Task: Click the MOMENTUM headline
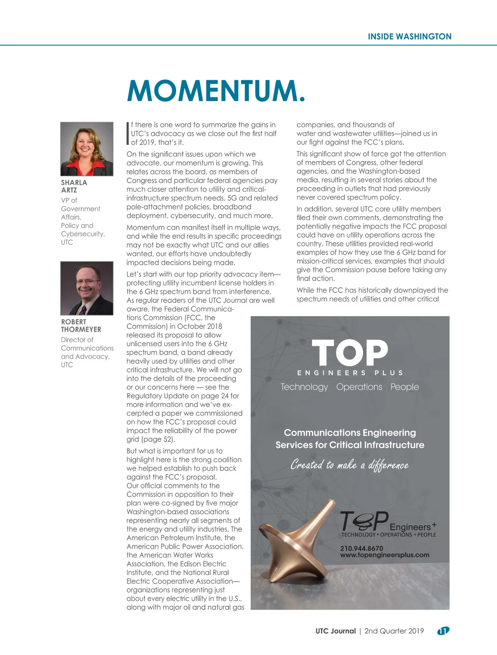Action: [216, 91]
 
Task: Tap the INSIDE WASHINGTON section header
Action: [409, 36]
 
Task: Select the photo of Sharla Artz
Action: [87, 149]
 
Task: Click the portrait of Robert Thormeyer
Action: [87, 288]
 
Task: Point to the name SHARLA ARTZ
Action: [74, 186]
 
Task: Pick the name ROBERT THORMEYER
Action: [81, 325]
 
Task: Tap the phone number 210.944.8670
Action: [362, 548]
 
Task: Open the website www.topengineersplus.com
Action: [384, 555]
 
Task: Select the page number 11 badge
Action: [443, 631]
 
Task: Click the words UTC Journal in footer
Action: [335, 631]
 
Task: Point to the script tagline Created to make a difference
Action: [350, 465]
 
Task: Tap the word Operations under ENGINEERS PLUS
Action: [359, 387]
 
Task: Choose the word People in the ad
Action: [405, 387]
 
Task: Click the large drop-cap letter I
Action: [128, 133]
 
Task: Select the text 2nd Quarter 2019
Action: [394, 631]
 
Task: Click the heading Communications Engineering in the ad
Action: [350, 433]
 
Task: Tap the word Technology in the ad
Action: [304, 387]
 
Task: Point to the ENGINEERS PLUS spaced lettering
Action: [350, 373]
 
